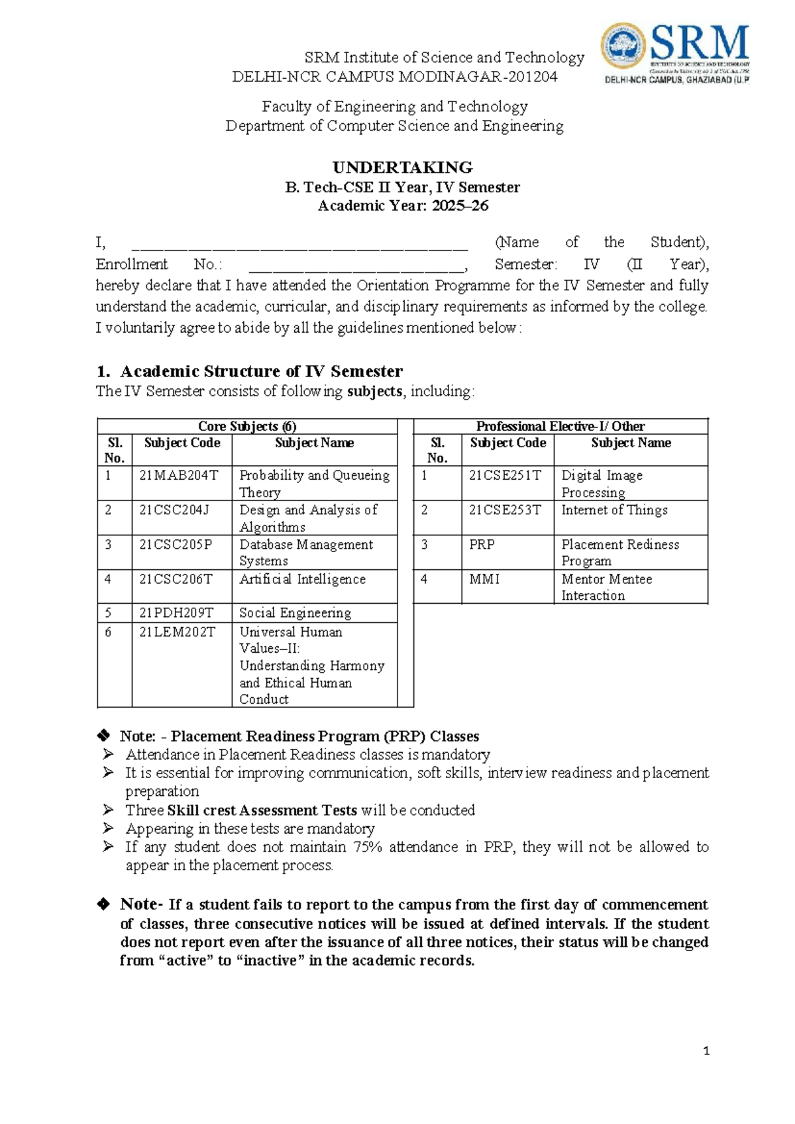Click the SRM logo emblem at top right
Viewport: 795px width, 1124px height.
point(623,48)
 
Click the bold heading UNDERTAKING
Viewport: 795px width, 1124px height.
point(402,167)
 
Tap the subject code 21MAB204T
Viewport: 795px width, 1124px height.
point(178,475)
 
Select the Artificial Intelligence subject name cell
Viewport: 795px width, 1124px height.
point(302,579)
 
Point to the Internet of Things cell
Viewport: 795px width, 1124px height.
point(614,510)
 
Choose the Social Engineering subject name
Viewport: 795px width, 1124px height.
point(295,613)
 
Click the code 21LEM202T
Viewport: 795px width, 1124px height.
point(177,632)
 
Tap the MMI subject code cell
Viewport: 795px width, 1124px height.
point(484,579)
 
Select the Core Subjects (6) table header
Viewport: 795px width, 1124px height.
point(247,426)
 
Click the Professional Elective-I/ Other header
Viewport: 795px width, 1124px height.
point(560,426)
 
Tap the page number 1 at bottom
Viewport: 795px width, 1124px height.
point(706,1051)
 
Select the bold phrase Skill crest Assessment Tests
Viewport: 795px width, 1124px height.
point(262,811)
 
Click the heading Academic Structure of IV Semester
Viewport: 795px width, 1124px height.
point(261,371)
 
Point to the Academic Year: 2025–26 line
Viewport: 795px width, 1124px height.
point(403,206)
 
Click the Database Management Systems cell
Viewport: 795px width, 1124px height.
point(306,553)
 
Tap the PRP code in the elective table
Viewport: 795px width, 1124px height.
point(482,545)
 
